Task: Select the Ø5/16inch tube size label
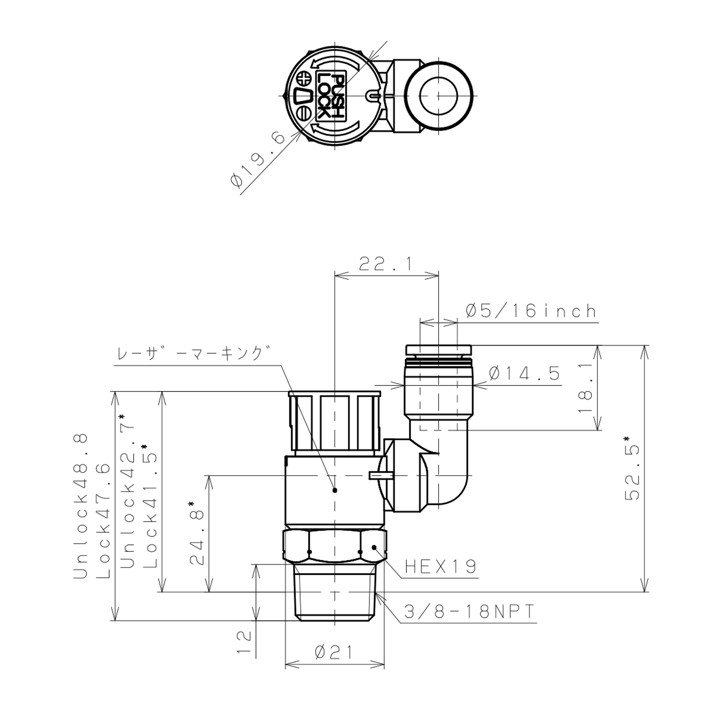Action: point(531,311)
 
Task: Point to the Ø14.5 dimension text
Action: point(525,374)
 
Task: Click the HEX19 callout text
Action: point(441,566)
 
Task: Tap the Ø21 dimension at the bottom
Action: point(335,652)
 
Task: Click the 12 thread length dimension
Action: point(244,643)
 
